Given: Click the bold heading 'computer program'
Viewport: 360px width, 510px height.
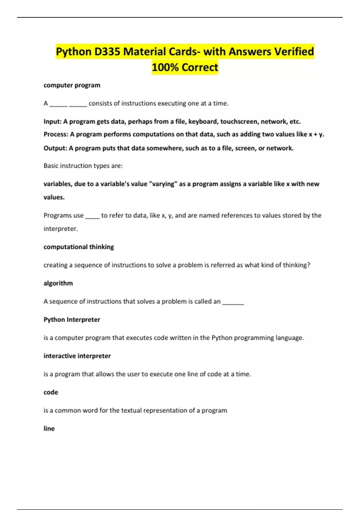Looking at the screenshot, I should pos(72,85).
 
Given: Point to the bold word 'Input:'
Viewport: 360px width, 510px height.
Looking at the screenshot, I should pos(52,121).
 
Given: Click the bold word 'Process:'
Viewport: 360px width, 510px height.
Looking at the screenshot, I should pos(56,134).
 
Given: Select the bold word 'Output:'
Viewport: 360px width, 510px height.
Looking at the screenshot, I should pos(55,148).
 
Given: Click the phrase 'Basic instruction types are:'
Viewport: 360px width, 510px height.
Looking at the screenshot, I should pos(83,166).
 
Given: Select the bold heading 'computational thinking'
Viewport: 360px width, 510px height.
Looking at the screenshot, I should pos(79,247).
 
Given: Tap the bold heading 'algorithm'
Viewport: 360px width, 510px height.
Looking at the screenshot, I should pos(58,283).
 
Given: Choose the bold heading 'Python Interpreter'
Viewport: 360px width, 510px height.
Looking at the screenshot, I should pos(72,319).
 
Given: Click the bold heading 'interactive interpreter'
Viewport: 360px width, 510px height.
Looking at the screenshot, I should pos(77,356).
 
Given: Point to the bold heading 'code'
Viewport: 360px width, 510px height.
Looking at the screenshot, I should pos(51,392).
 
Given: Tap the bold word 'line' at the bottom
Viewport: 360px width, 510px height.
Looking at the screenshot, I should pos(49,428).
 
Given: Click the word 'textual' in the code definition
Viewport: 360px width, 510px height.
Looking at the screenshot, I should pos(131,410).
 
